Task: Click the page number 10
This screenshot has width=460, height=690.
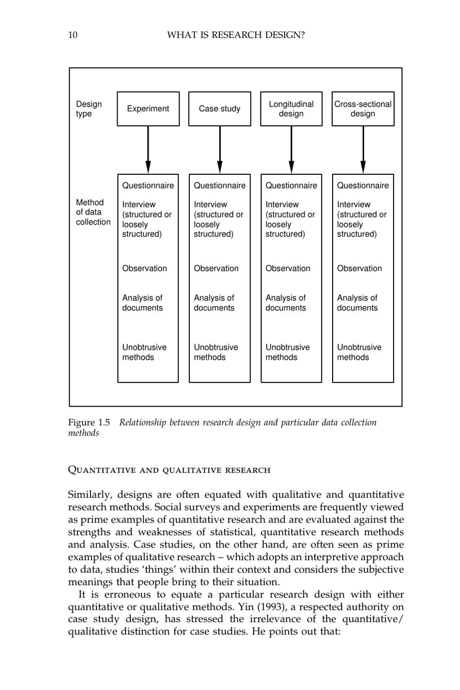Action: click(73, 35)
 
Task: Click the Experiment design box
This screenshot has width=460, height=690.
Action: click(148, 109)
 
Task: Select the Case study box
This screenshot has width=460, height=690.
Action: click(219, 109)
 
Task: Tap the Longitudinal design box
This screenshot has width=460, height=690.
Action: click(291, 109)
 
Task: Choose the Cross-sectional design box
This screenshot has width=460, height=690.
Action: click(363, 109)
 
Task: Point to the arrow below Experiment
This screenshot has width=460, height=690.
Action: click(148, 150)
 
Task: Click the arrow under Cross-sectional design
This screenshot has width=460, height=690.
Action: click(363, 150)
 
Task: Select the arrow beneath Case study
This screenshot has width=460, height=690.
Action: click(220, 150)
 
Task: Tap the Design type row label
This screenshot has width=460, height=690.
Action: click(89, 109)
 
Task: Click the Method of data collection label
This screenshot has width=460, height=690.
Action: click(92, 212)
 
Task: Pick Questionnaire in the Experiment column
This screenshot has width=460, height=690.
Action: click(148, 185)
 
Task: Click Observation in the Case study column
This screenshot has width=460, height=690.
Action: click(216, 268)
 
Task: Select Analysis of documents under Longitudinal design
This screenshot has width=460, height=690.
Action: click(286, 303)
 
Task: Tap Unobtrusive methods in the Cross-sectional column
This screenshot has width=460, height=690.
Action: click(359, 352)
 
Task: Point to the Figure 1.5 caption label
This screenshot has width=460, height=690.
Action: click(89, 423)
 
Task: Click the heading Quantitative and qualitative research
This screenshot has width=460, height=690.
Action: click(169, 470)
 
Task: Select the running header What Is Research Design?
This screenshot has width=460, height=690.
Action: click(236, 35)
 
